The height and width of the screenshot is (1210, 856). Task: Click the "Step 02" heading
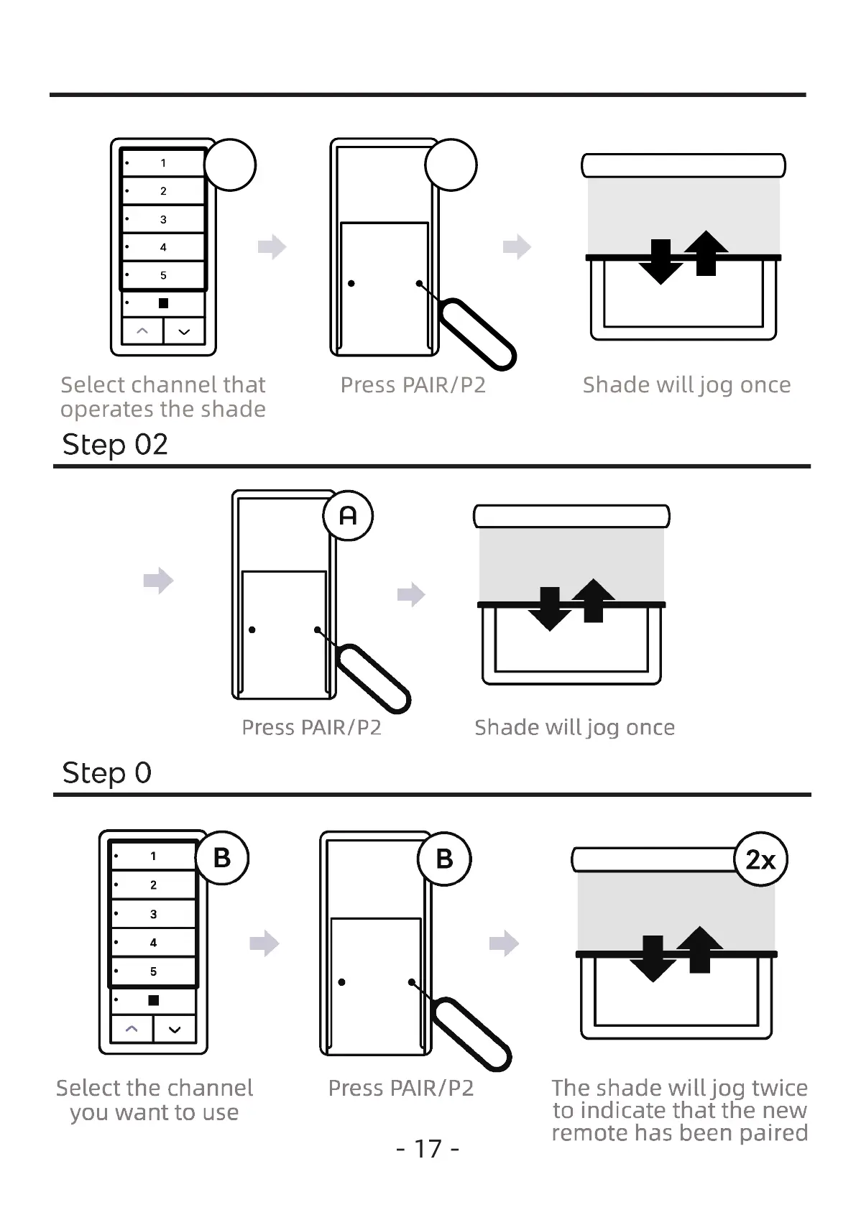[x=115, y=444]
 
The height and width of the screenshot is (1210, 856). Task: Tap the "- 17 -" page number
[x=428, y=1148]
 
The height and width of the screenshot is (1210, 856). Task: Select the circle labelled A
[x=348, y=515]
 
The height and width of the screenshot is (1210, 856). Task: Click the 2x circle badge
[x=760, y=859]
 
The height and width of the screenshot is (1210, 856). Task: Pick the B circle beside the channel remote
[x=222, y=858]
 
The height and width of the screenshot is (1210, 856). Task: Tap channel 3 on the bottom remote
[x=153, y=914]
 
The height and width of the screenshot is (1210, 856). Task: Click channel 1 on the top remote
[x=163, y=163]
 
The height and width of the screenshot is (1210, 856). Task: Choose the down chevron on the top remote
[x=184, y=331]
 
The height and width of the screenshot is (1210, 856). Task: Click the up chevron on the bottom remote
[x=132, y=1029]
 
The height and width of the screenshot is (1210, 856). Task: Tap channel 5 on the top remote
[x=163, y=275]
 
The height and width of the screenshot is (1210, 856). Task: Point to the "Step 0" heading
[x=106, y=772]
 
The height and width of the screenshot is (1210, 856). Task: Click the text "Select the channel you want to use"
[x=155, y=1099]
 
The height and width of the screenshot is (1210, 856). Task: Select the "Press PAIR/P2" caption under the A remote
[x=311, y=727]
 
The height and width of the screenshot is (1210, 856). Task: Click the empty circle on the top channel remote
[x=230, y=165]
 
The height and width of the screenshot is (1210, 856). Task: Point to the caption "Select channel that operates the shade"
[x=163, y=397]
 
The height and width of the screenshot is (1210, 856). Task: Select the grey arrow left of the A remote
[x=158, y=580]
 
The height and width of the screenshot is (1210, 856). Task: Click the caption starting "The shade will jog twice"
[x=679, y=1109]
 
